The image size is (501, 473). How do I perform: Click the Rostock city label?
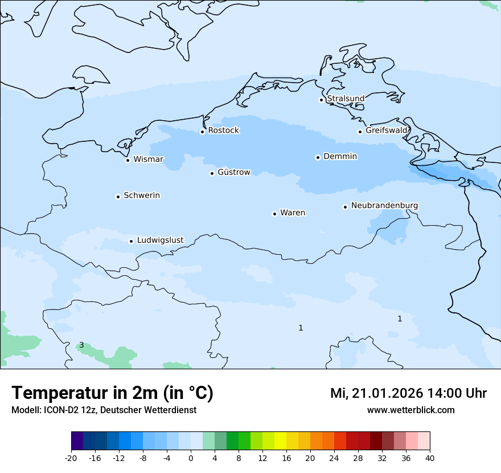[x=223, y=131]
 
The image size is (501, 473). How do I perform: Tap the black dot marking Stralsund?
[x=321, y=100]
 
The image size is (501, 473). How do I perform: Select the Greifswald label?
[x=387, y=131]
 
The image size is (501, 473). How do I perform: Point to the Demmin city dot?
[x=318, y=157]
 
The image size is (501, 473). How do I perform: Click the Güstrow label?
[x=233, y=172]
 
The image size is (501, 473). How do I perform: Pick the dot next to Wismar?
[x=128, y=160]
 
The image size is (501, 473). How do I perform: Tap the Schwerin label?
[x=142, y=195]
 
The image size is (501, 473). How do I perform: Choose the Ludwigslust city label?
[x=160, y=240]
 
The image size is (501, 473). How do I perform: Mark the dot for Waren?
[x=274, y=214]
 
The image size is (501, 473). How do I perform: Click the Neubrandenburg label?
[x=384, y=206]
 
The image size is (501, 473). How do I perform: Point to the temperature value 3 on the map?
[x=81, y=345]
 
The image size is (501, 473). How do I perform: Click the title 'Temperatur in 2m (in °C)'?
[x=113, y=393]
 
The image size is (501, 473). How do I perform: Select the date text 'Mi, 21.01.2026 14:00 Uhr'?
[x=408, y=393]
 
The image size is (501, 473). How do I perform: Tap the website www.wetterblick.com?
[x=410, y=410]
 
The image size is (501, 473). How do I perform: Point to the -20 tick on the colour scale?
[x=71, y=458]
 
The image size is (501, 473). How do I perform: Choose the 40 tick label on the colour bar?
[x=430, y=458]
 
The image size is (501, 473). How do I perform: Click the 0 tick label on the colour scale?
[x=191, y=458]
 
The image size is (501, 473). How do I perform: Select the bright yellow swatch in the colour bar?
[x=280, y=441]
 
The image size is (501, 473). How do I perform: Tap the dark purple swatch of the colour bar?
[x=77, y=441]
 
